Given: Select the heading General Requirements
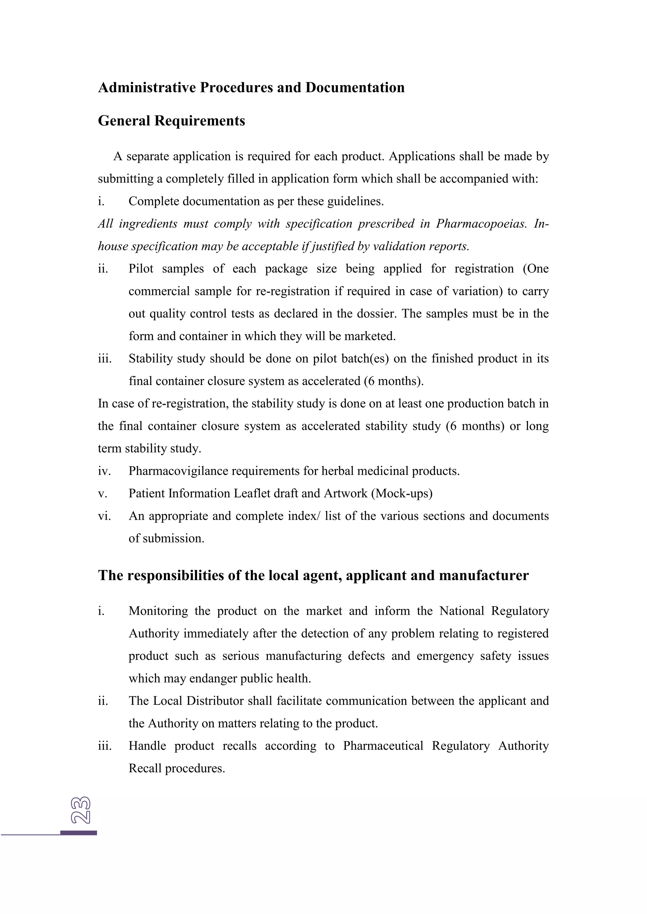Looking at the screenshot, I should coord(171,121).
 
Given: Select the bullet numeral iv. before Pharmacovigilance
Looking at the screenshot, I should coord(104,471).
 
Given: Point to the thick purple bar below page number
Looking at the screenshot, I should coord(78,833).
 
